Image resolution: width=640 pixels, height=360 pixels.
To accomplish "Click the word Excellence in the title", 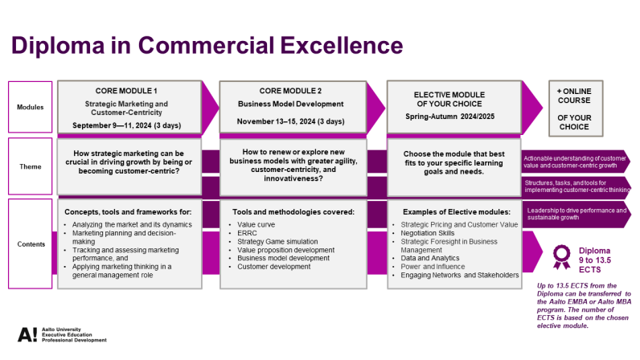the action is pos(342,45).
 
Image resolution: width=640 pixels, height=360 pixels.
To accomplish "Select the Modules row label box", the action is pos(31,107).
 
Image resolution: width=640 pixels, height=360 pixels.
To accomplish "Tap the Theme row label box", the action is pos(31,166).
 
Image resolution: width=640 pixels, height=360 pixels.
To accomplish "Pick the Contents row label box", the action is pos(31,243).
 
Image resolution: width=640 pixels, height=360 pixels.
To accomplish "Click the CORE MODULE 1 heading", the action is pos(126,91).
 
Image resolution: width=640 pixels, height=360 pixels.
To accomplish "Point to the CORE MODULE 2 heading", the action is pos(290,91).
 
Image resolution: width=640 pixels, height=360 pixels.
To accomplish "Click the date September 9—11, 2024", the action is pos(112,125).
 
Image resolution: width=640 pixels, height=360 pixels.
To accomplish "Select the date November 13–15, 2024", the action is pos(276,121).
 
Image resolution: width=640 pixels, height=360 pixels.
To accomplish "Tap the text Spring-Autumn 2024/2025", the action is pos(449,117).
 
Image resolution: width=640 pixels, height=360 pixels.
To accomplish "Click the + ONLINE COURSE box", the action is pos(576,108).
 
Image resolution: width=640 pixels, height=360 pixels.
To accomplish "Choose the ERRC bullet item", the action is pos(247,233).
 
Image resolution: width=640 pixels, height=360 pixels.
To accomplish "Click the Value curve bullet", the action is pos(256,224).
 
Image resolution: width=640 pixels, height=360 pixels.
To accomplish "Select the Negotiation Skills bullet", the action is pos(428,233).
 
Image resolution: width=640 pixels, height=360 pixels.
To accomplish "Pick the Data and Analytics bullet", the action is pos(430,258).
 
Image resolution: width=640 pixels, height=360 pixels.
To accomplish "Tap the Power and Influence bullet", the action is pos(433,267).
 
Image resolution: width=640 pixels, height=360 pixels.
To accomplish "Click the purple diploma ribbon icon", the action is pos(562,256).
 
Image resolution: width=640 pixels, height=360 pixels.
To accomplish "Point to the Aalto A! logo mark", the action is pos(27,335).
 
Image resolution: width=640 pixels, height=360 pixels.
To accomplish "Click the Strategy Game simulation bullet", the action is pos(277,242).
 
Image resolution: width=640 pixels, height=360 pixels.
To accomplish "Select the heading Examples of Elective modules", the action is pos(457,212).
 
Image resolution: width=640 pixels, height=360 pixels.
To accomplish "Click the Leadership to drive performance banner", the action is pos(576,214).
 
